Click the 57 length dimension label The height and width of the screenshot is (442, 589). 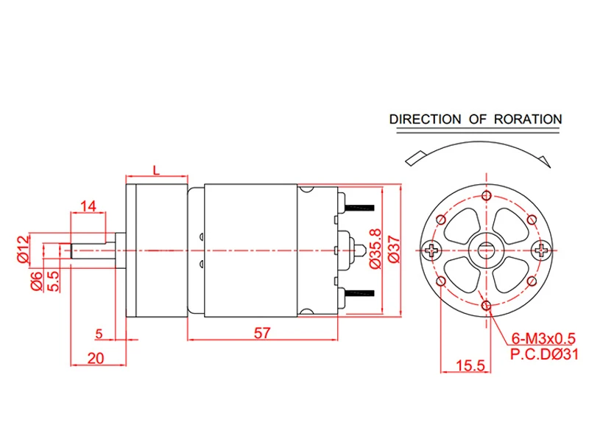(x=262, y=333)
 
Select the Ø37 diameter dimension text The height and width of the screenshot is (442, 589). (x=394, y=249)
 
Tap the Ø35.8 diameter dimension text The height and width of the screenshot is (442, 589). (x=375, y=248)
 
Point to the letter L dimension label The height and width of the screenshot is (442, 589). (x=156, y=170)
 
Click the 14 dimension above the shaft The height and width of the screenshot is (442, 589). (x=88, y=206)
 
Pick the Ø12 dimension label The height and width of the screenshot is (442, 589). (x=24, y=249)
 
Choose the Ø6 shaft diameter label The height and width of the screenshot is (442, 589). (x=36, y=281)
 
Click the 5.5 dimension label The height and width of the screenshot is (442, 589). (x=53, y=281)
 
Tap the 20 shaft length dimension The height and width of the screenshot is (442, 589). (x=96, y=358)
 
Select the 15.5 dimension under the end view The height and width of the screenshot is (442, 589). (x=470, y=365)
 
